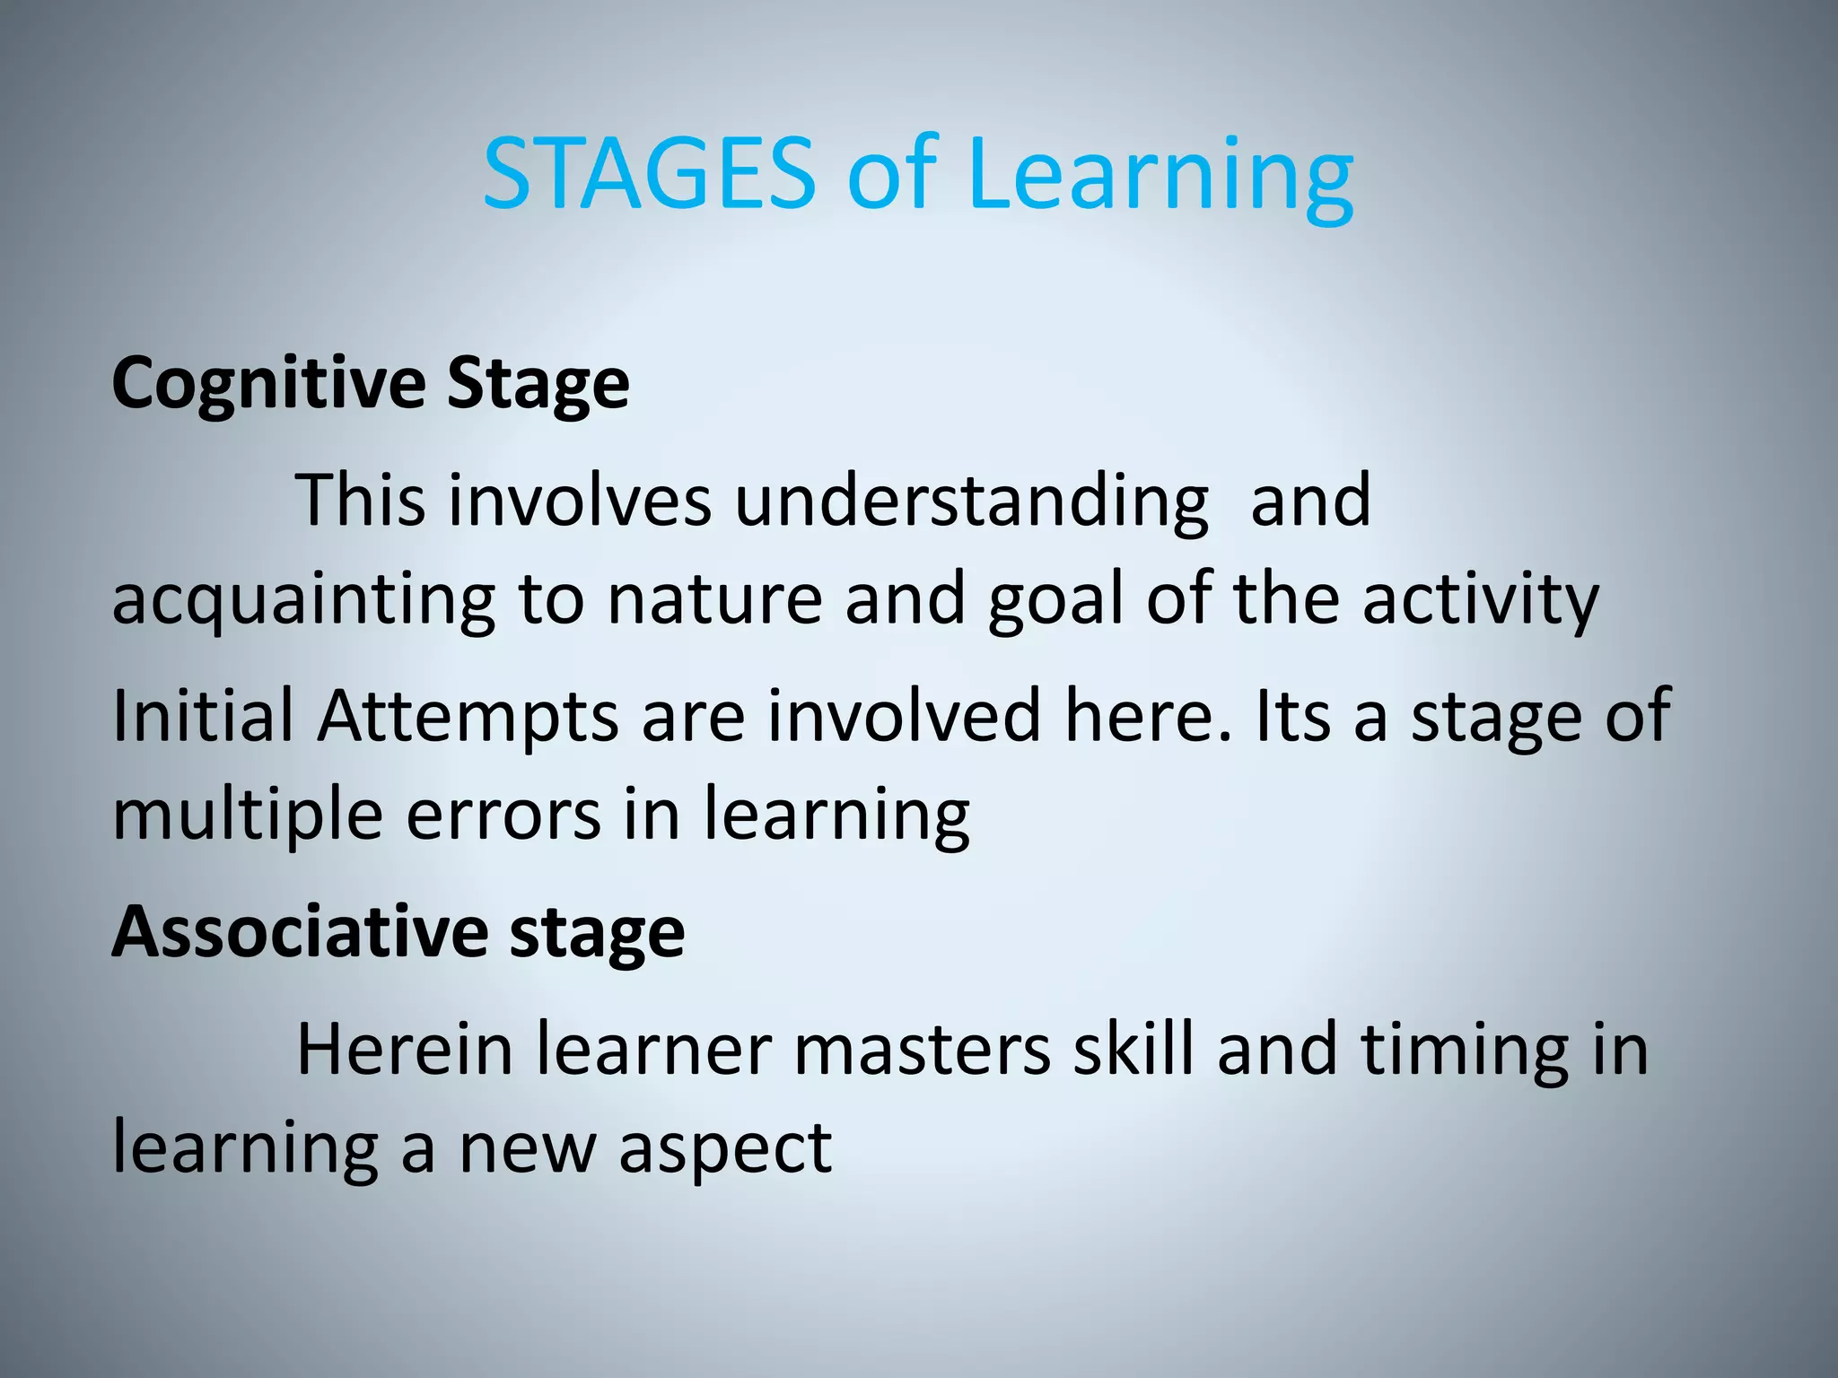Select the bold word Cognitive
pyautogui.click(x=268, y=384)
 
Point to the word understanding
pyautogui.click(x=972, y=501)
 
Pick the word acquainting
pyautogui.click(x=303, y=601)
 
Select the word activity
pyautogui.click(x=1481, y=601)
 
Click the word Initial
pyautogui.click(x=203, y=716)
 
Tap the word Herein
pyautogui.click(x=404, y=1050)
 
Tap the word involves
pyautogui.click(x=580, y=501)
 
